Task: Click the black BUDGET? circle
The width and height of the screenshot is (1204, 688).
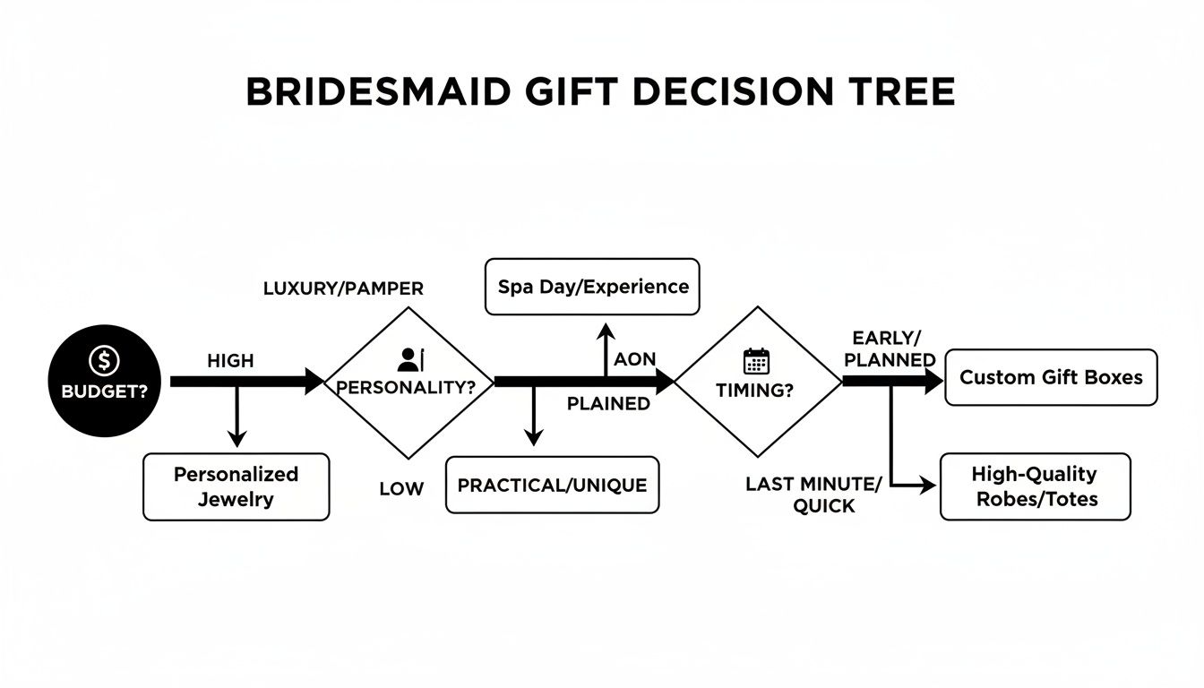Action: [106, 381]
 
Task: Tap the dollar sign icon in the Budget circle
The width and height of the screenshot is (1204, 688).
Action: [105, 362]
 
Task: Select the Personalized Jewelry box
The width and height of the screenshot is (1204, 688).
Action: [236, 486]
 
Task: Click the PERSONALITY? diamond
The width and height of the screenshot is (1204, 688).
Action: [408, 383]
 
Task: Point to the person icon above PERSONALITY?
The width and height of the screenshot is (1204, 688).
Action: [409, 360]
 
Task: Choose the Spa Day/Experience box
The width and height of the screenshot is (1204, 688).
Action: [592, 287]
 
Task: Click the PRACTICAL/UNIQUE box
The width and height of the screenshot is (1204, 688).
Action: [552, 485]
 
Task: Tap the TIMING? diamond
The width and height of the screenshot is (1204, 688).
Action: [757, 383]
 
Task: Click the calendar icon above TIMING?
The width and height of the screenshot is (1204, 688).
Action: [757, 361]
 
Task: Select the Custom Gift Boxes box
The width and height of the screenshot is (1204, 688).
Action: [1051, 377]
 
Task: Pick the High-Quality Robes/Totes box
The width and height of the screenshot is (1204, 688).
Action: [1035, 486]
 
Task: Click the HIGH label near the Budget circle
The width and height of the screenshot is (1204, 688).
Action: [230, 361]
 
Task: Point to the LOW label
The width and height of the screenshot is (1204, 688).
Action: [400, 488]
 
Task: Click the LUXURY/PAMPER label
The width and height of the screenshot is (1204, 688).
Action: [343, 288]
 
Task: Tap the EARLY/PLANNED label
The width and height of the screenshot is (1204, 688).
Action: [890, 348]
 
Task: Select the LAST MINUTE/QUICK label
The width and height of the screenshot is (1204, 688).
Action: [813, 494]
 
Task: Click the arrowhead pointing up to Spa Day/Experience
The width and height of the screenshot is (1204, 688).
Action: [606, 332]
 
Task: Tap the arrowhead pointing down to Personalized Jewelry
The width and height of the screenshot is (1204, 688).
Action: [236, 438]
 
